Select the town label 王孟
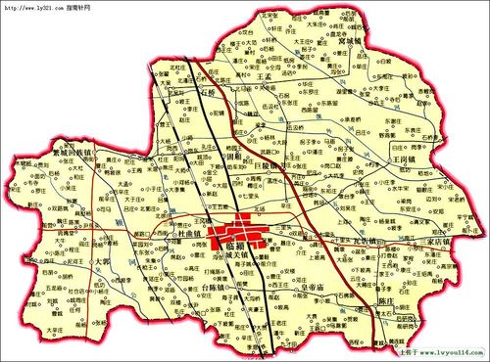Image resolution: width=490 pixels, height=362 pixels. [x=263, y=75]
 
